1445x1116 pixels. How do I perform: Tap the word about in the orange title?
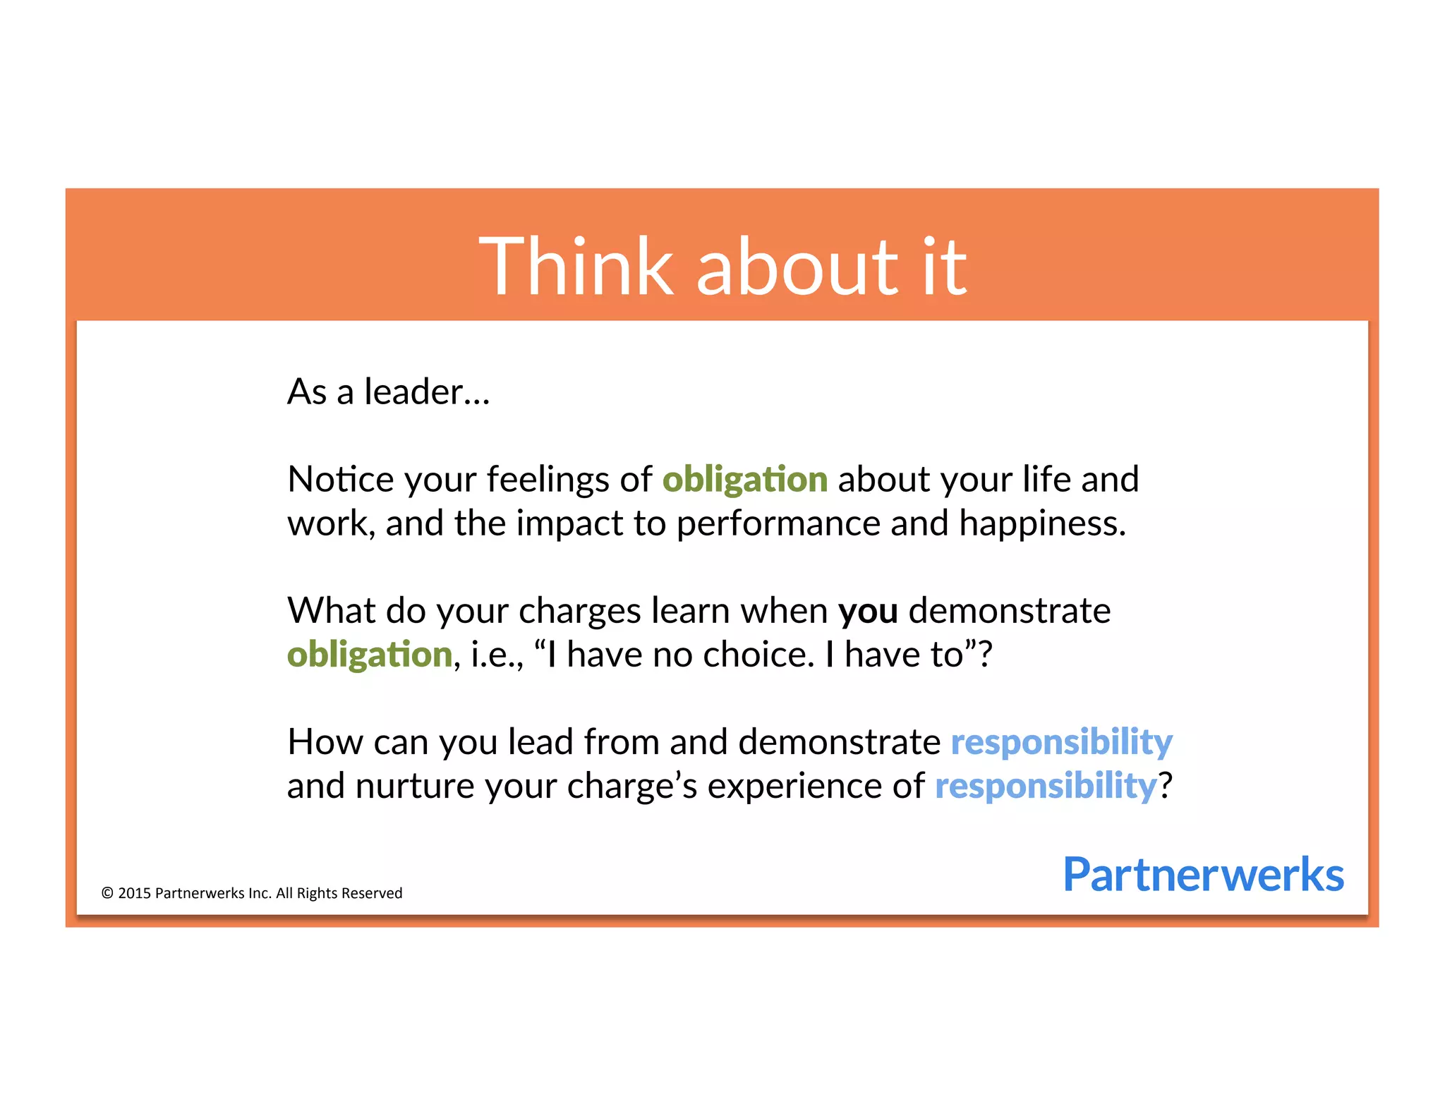pyautogui.click(x=797, y=267)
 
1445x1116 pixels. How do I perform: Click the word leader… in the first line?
pyautogui.click(x=426, y=392)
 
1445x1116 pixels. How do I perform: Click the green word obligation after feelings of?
pyautogui.click(x=744, y=480)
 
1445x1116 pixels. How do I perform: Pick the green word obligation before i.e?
pyautogui.click(x=369, y=655)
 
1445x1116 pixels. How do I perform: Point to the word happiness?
pyautogui.click(x=1042, y=524)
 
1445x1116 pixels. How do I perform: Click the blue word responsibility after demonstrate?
pyautogui.click(x=1061, y=743)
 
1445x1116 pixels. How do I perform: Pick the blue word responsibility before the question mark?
pyautogui.click(x=1045, y=787)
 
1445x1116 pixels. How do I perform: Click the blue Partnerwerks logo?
pyautogui.click(x=1202, y=875)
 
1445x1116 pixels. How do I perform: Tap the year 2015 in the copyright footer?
pyautogui.click(x=134, y=893)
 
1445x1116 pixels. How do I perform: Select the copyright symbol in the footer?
pyautogui.click(x=107, y=893)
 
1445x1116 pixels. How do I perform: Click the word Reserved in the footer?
pyautogui.click(x=372, y=893)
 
